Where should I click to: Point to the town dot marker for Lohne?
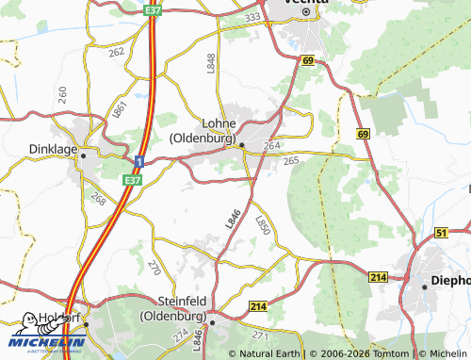[x=241, y=144]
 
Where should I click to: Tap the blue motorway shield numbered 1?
[x=138, y=162]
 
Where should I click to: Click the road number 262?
[x=116, y=52]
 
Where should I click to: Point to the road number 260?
[x=62, y=93]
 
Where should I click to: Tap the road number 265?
[x=291, y=162]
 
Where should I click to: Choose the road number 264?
[x=271, y=145]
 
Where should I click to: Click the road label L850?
[x=263, y=225]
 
